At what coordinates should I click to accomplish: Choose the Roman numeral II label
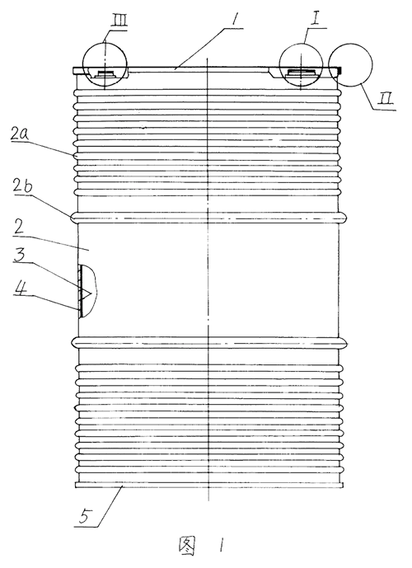click(x=385, y=100)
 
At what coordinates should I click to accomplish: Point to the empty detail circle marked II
click(x=350, y=65)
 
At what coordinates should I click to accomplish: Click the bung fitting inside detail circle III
click(x=105, y=74)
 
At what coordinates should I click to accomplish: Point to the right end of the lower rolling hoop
click(x=346, y=342)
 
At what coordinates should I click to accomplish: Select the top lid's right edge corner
click(x=341, y=68)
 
